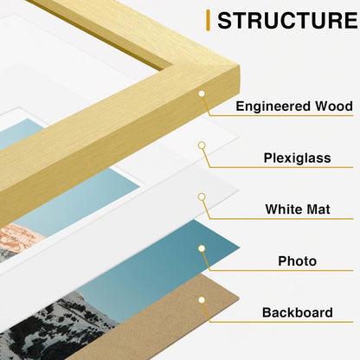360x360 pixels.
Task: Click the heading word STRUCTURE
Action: click(287, 20)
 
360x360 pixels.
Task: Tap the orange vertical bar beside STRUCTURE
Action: click(208, 20)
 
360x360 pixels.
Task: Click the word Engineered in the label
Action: click(273, 106)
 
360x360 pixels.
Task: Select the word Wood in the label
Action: click(334, 106)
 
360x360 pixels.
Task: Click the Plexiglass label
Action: click(298, 158)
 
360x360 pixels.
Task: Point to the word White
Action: click(281, 209)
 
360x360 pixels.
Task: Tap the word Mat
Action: click(316, 209)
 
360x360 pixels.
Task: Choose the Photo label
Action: click(298, 261)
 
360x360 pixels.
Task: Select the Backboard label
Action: click(298, 312)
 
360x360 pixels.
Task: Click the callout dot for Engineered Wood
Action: click(202, 93)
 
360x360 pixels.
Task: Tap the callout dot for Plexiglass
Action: click(202, 145)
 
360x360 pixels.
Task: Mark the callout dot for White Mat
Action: click(202, 196)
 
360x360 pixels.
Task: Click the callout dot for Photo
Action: click(202, 248)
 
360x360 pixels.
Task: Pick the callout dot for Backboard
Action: click(202, 300)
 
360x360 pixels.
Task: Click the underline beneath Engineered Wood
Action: click(281, 116)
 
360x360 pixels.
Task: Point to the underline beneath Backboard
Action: click(281, 322)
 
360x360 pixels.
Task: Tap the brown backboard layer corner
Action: click(238, 297)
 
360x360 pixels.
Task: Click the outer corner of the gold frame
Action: click(239, 67)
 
